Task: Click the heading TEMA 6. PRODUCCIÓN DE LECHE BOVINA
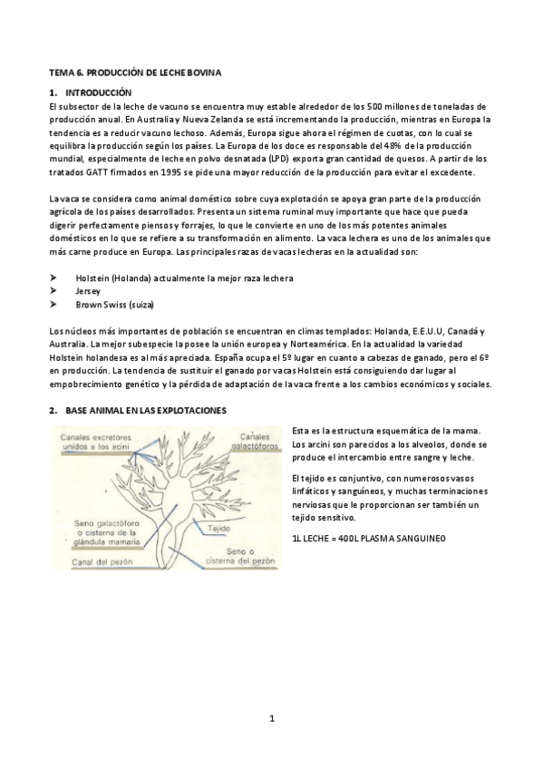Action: [135, 71]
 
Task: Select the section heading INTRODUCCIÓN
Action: [98, 92]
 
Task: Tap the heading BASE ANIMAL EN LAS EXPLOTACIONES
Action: [146, 410]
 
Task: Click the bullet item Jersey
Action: [89, 291]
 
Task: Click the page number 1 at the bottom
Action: [271, 721]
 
